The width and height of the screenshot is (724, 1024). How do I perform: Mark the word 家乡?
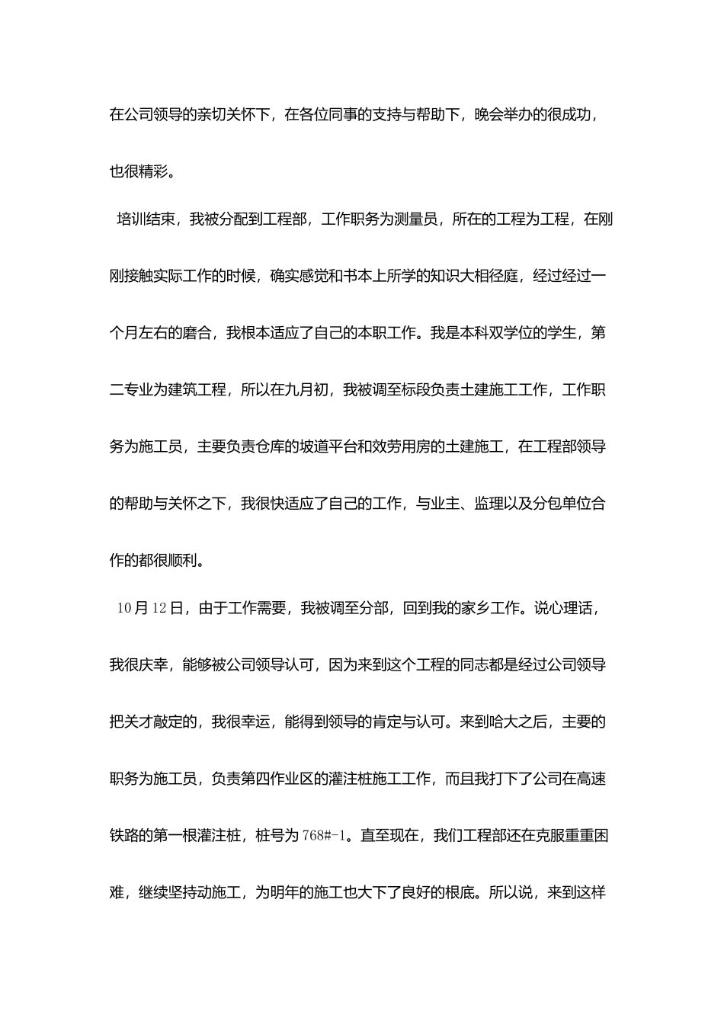click(x=460, y=609)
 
